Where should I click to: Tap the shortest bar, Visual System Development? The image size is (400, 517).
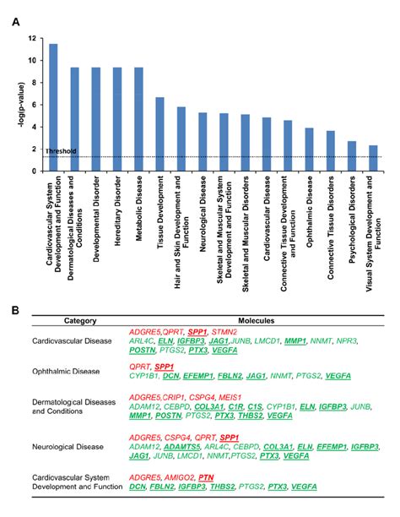pos(373,158)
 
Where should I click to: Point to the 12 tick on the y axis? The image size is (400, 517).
pos(31,39)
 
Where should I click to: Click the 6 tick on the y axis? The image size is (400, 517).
pos(33,105)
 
